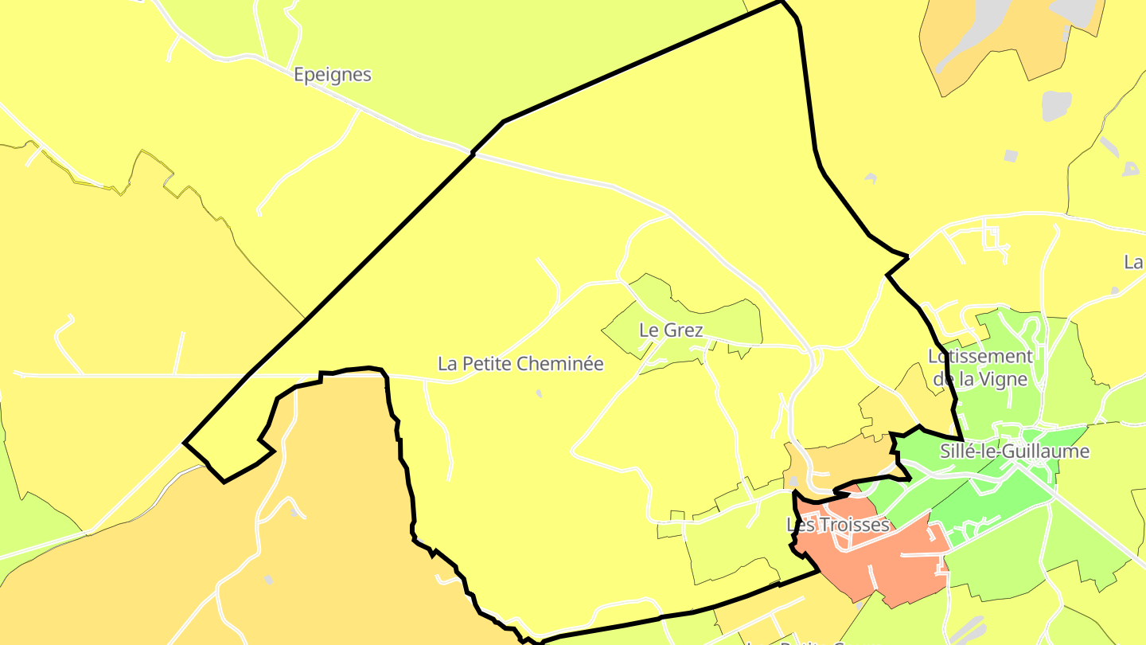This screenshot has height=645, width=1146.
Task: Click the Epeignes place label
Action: point(332,75)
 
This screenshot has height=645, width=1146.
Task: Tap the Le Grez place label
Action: point(671,330)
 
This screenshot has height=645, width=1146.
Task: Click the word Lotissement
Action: point(980,357)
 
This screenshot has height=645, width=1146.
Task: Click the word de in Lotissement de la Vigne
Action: point(943,379)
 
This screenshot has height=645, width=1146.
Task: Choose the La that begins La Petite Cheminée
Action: point(447,364)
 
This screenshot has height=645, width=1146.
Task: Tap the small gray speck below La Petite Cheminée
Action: point(539,393)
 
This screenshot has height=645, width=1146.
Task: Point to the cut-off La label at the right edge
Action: point(1133,262)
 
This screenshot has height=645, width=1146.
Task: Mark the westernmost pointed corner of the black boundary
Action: point(185,443)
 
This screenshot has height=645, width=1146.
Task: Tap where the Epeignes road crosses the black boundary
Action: point(474,153)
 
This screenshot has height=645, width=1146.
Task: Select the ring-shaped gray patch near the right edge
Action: point(1130,169)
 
